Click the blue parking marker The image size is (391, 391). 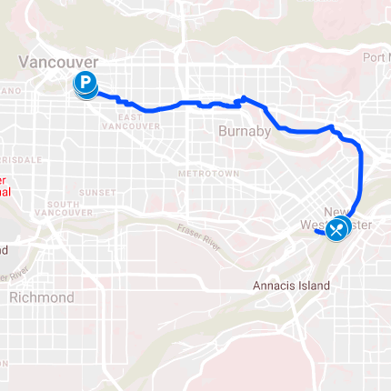click(85, 85)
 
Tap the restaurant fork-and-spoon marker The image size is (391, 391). click(337, 229)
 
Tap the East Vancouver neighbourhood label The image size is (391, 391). click(142, 122)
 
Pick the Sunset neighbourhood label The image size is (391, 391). click(97, 193)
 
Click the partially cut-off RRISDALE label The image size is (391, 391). click(19, 158)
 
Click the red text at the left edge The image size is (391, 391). click(5, 186)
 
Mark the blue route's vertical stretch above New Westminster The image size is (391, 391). click(361, 177)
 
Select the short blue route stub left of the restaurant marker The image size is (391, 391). click(321, 232)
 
